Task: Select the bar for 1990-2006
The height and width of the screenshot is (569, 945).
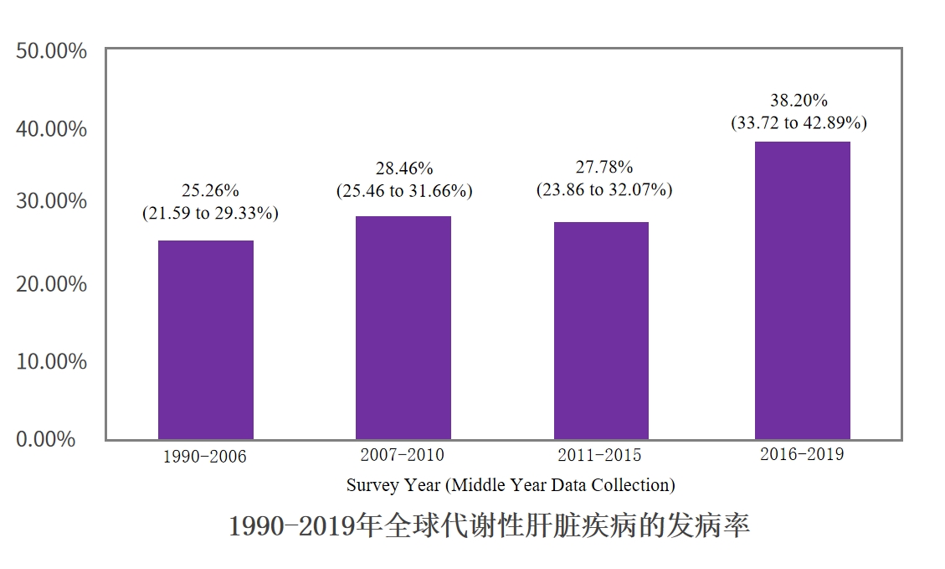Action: pyautogui.click(x=206, y=339)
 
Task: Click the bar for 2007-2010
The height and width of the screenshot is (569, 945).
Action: pyautogui.click(x=403, y=328)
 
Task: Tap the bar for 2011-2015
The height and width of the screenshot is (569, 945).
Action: pyautogui.click(x=601, y=330)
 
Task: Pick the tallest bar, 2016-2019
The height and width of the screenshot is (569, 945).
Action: pyautogui.click(x=802, y=290)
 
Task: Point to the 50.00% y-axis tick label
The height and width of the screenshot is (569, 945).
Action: pyautogui.click(x=52, y=51)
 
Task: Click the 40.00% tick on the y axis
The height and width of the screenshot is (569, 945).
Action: pyautogui.click(x=52, y=129)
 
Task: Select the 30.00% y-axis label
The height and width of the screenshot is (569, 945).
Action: pyautogui.click(x=52, y=201)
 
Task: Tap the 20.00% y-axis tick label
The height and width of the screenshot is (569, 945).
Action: pyautogui.click(x=52, y=284)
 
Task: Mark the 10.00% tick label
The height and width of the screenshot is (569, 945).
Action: pyautogui.click(x=52, y=361)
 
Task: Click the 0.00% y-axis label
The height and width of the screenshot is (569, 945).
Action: pyautogui.click(x=46, y=439)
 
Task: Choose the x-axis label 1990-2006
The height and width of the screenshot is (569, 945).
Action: pyautogui.click(x=205, y=457)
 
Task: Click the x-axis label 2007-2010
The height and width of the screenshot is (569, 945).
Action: pyautogui.click(x=403, y=455)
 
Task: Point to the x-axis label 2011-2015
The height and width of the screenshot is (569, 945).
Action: pyautogui.click(x=599, y=456)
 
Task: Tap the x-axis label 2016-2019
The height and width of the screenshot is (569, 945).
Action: pyautogui.click(x=802, y=454)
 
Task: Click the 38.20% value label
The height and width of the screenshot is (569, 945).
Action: pyautogui.click(x=799, y=101)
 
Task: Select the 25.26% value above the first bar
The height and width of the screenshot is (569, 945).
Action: pyautogui.click(x=210, y=190)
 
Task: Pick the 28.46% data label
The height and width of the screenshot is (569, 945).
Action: pyautogui.click(x=404, y=168)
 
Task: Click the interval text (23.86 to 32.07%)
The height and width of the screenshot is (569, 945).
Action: pyautogui.click(x=603, y=190)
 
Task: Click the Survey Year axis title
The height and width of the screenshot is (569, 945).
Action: pyautogui.click(x=511, y=485)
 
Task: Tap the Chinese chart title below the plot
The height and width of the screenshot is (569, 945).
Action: pyautogui.click(x=489, y=525)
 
